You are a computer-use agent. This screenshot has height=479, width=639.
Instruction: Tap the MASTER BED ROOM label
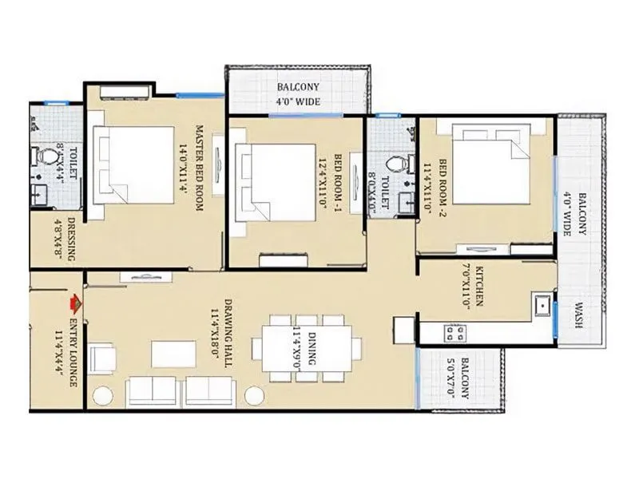(199, 168)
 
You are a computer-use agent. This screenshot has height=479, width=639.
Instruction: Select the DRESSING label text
(72, 239)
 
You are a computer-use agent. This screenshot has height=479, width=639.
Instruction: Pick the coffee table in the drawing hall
(173, 354)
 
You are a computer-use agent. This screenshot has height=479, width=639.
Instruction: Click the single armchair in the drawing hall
(102, 358)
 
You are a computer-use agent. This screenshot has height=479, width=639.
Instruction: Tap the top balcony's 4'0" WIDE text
(297, 101)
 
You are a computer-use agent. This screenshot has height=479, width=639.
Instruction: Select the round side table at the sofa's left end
(103, 394)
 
